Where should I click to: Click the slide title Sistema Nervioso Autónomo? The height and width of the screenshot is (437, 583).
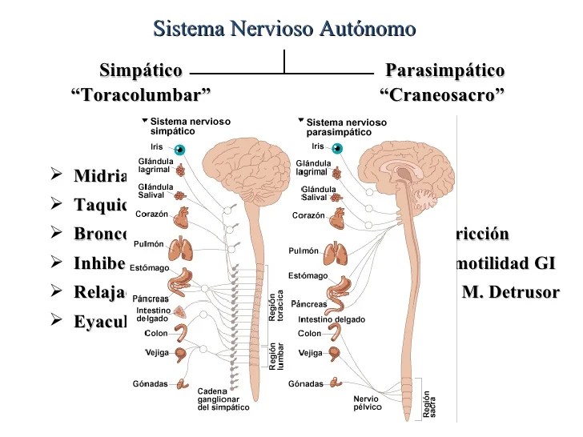[x=284, y=30]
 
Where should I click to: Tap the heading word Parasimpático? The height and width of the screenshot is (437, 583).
[x=444, y=70]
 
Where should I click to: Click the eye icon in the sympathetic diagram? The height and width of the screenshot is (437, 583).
[x=180, y=149]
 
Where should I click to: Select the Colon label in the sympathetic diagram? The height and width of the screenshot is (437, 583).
[x=157, y=334]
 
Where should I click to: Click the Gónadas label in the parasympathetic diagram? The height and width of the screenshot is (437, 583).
[x=306, y=383]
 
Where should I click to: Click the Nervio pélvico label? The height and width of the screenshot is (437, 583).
[x=366, y=403]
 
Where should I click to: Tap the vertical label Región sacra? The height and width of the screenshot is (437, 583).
[x=428, y=403]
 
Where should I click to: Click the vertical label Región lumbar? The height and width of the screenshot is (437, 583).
[x=275, y=356]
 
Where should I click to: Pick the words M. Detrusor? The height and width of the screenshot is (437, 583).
[x=510, y=291]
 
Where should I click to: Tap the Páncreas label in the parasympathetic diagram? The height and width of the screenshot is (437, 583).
[x=309, y=304]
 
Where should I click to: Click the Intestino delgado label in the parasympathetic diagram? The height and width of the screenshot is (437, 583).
[x=331, y=319]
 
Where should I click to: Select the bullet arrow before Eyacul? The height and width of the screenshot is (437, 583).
[x=55, y=321]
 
